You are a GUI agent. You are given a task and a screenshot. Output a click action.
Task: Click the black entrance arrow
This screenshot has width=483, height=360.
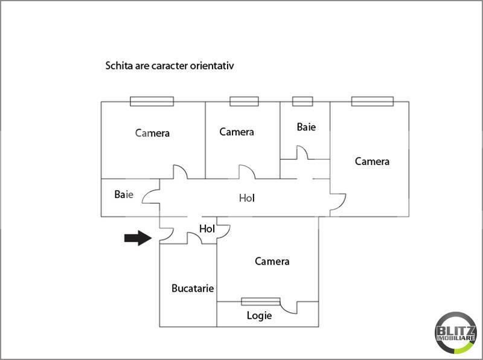coord(138,238)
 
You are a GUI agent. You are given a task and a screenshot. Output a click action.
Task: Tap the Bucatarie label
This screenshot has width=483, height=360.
coord(193,288)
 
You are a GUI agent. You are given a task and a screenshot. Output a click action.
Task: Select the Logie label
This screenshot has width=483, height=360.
coord(259,316)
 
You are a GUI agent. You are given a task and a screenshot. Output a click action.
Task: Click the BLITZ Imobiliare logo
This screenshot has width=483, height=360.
coord(456,333)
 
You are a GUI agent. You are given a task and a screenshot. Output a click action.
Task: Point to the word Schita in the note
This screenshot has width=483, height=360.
coord(120,66)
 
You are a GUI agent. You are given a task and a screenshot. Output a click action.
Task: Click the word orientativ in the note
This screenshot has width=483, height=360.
coord(212,66)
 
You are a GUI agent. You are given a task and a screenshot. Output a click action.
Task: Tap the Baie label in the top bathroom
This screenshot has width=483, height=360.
coord(306,127)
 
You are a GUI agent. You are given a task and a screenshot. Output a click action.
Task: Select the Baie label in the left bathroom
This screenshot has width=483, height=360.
coord(124,194)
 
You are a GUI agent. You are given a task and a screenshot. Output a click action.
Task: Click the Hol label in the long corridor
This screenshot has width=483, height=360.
coord(247,198)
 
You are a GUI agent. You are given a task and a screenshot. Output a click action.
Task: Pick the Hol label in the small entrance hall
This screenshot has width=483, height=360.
coord(207,229)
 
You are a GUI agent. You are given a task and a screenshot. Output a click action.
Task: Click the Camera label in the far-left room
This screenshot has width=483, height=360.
coord(152,133)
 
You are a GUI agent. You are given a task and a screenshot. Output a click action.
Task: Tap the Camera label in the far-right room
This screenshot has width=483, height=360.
coord(372,161)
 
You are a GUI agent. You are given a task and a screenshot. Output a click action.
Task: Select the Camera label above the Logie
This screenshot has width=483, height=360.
coord(272,262)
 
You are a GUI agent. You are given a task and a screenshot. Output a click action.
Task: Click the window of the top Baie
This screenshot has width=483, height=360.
coord(302,101)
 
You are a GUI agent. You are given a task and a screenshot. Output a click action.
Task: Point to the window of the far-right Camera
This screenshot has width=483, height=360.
coord(373,101)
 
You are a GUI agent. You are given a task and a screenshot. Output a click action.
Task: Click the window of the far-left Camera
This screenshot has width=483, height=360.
coord(152,101)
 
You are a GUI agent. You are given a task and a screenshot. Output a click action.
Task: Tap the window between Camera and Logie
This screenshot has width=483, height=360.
coord(261,301)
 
